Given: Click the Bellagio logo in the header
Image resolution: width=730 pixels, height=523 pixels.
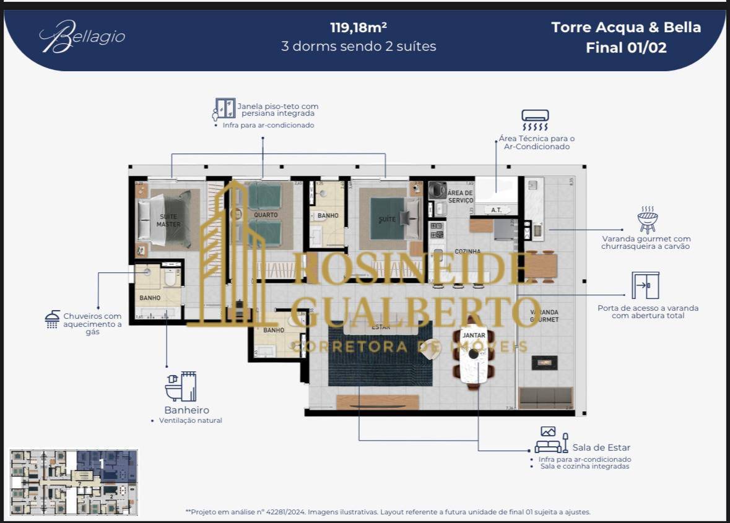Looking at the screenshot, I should (82, 37).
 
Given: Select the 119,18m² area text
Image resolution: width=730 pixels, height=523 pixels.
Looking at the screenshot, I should (358, 28).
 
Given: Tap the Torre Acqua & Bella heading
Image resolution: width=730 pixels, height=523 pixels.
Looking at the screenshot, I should (626, 28).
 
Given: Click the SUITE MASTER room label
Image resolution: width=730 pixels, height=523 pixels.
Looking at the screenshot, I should (168, 220).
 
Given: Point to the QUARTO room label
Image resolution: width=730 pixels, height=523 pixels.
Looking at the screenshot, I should (266, 215).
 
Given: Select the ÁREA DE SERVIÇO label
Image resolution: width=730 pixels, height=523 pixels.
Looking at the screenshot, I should (460, 197).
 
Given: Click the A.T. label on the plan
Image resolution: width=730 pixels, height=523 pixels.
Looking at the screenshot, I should (496, 210).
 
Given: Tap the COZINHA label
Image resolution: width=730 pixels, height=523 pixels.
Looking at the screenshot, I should (467, 251).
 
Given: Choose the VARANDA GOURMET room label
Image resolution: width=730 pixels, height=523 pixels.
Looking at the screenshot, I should (544, 316).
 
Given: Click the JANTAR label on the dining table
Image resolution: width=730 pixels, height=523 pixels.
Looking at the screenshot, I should (474, 335).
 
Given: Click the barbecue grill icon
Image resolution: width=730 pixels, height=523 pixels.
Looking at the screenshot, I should (647, 220).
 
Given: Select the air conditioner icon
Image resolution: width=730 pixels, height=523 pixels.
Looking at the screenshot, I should (535, 119).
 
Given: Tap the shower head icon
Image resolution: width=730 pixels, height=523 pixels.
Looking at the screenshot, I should (52, 319).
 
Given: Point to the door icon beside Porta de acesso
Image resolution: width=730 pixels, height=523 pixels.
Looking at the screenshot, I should (645, 285).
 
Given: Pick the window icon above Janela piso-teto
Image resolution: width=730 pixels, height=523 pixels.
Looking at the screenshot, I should (224, 109).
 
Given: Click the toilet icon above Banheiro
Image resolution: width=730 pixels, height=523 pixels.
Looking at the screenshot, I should (180, 387).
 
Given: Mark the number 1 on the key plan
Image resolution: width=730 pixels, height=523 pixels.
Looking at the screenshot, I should (102, 462).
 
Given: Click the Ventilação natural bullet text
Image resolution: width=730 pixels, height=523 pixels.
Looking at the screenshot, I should (190, 421).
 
